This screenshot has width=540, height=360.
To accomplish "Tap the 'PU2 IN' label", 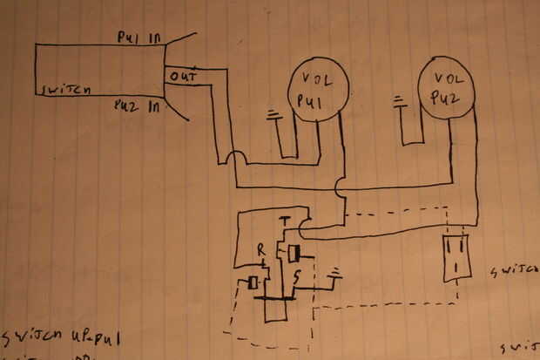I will (137, 106).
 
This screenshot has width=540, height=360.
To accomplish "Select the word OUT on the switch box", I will (183, 77).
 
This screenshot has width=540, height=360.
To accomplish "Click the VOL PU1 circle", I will (319, 92).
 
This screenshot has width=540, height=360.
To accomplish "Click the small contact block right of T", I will (295, 253).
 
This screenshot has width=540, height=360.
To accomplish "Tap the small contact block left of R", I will (253, 282).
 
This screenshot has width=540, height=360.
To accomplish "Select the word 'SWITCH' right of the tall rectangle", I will (514, 271).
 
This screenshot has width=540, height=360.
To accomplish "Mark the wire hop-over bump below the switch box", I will (234, 160).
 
